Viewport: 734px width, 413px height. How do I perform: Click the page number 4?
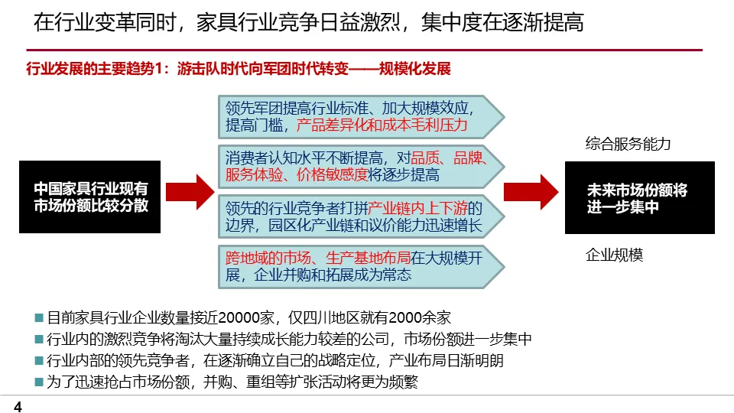18,407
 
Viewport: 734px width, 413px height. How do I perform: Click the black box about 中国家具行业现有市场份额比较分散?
90,197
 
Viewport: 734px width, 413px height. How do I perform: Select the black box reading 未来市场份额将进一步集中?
639,197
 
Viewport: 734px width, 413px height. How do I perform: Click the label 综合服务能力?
628,143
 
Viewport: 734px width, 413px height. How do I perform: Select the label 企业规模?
614,255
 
